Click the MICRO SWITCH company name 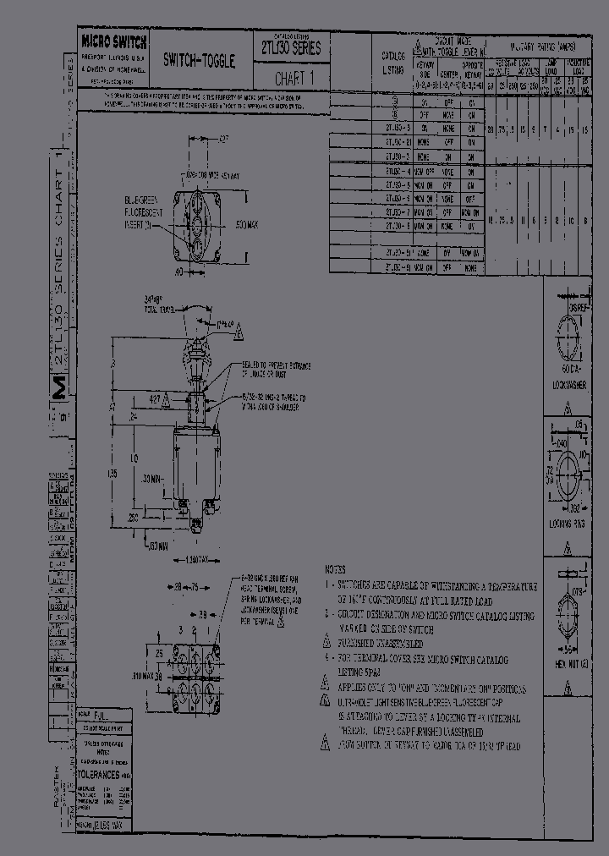114,42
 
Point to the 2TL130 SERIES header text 288,49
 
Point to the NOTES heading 335,569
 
